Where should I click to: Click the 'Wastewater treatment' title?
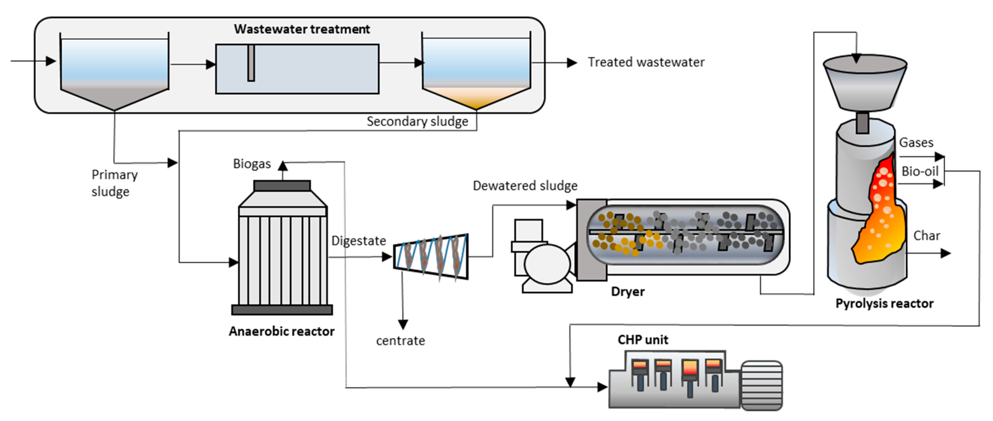[x=302, y=29]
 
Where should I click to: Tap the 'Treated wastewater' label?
[x=646, y=62]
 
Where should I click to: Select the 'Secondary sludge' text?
[x=417, y=121]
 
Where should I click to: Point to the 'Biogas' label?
[x=252, y=164]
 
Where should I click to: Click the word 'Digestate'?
[x=358, y=241]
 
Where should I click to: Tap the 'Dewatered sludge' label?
[x=525, y=186]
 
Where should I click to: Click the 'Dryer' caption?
[x=628, y=292]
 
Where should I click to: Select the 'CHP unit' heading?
[x=643, y=340]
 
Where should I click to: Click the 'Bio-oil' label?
[x=920, y=171]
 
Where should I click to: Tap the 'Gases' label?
[x=916, y=143]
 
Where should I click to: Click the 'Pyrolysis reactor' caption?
[x=884, y=304]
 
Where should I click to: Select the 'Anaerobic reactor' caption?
[x=281, y=331]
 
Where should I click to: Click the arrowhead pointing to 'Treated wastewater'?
[x=572, y=62]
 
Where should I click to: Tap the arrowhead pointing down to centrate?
[x=403, y=325]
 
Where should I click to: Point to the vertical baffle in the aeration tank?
[x=251, y=63]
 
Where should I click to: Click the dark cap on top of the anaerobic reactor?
[x=282, y=186]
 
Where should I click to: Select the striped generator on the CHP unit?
[x=762, y=385]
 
